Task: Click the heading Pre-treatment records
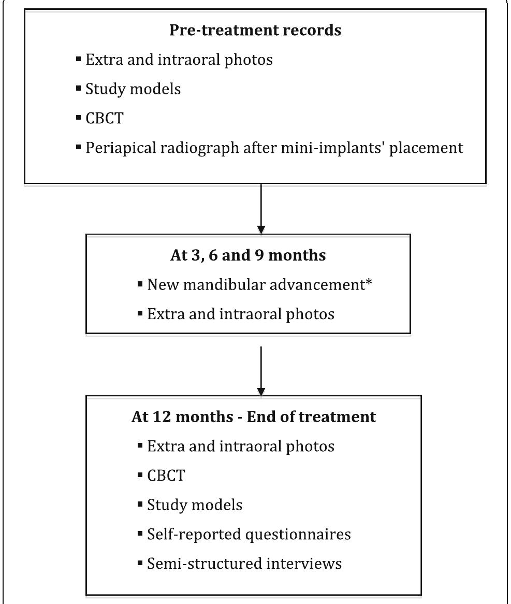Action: point(255,30)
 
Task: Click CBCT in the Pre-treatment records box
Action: point(105,118)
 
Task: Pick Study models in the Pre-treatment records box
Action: point(133,89)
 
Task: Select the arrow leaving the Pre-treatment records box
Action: point(261,207)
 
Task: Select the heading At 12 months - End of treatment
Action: point(254,417)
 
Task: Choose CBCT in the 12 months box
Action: point(166,475)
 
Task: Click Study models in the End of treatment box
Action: point(195,505)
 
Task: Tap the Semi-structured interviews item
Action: point(244,563)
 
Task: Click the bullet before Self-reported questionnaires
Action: point(140,534)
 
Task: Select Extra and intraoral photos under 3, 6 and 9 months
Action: point(241,313)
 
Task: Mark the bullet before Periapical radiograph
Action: point(78,147)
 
